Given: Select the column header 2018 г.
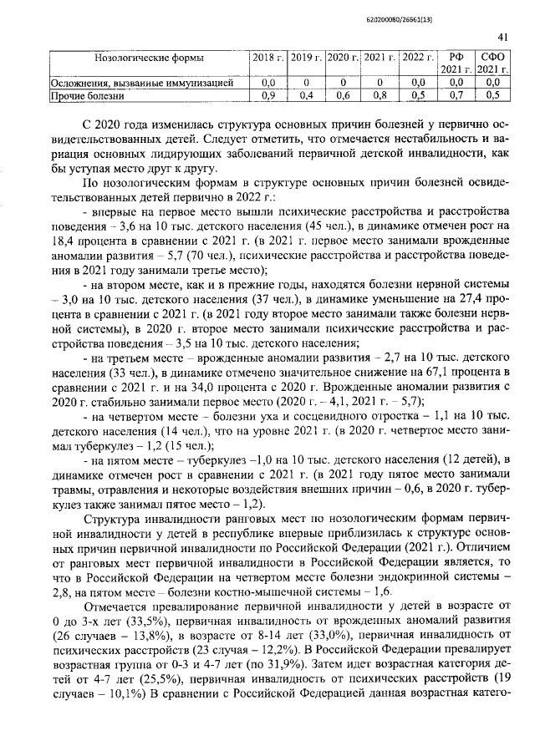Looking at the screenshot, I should click(267, 58).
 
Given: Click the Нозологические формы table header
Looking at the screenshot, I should click(150, 58).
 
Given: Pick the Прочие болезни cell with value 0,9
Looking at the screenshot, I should click(267, 96).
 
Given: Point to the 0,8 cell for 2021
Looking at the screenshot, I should click(380, 96).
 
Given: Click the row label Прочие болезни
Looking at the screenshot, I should click(87, 96).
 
